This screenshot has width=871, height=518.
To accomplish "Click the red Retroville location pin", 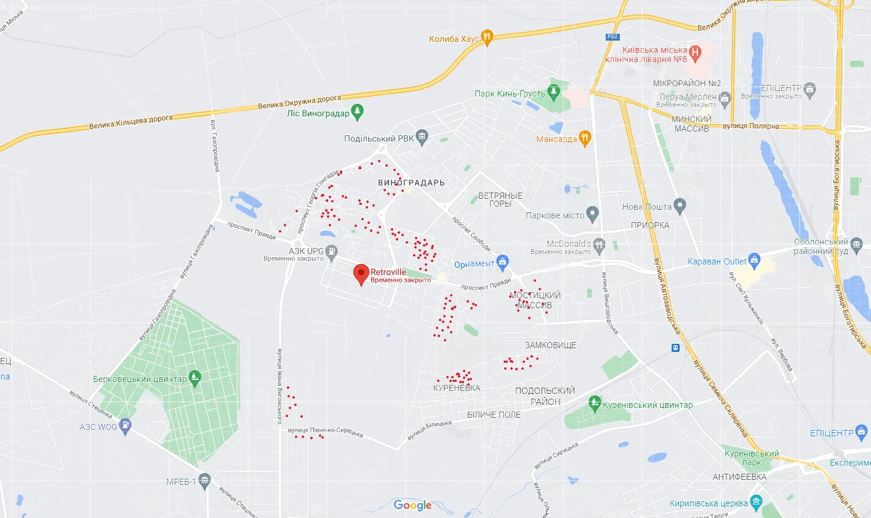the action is (361, 274).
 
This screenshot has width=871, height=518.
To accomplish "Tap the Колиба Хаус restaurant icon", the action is (487, 38).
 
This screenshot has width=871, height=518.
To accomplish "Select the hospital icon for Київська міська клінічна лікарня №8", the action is (695, 53).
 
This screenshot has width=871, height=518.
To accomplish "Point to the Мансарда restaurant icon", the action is (585, 138).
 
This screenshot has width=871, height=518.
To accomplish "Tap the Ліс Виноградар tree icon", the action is (357, 113).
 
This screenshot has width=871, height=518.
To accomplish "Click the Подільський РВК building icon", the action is (422, 138).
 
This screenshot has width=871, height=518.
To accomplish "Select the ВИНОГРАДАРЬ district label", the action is (411, 183).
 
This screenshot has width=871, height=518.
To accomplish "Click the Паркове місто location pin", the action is (592, 215).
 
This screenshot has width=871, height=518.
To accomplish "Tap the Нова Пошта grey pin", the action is (680, 206).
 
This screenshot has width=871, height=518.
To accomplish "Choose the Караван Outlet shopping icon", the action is (755, 261).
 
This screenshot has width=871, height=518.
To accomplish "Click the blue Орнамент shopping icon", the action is (502, 263).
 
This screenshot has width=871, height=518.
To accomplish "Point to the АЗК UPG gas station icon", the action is (332, 251).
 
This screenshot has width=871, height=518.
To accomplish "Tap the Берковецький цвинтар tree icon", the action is (195, 378).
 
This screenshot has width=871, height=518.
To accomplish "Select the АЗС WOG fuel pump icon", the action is (126, 426).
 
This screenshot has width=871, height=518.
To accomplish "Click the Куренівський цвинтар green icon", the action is (594, 404).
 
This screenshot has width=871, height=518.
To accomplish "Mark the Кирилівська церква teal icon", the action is (757, 503).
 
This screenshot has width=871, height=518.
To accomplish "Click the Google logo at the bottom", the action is (412, 505).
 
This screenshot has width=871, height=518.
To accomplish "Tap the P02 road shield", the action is (612, 37).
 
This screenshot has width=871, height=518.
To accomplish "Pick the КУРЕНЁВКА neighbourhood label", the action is (457, 388).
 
